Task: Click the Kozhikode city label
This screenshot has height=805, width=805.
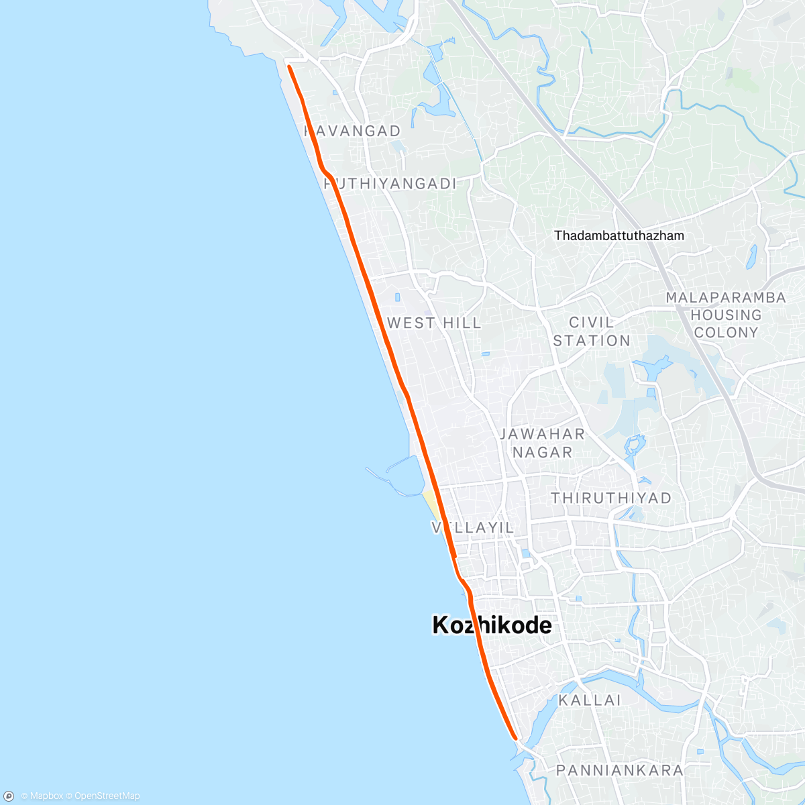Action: pos(492,625)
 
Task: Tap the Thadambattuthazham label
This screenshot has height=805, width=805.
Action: pos(619,235)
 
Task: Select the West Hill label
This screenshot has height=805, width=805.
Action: pos(434,323)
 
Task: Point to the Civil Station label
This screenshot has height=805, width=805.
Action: pos(591,331)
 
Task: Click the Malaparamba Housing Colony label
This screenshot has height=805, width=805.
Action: pos(725,315)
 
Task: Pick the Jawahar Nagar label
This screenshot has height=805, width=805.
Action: pos(542,443)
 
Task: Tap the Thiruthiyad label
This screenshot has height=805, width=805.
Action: pos(610,498)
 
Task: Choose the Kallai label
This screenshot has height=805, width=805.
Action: pos(590,700)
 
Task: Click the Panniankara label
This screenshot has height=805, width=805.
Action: pos(619,770)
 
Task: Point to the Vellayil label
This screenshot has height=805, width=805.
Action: pos(474,528)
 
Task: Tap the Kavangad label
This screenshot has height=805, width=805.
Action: pos(353,131)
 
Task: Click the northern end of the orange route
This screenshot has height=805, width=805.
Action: pos(289,66)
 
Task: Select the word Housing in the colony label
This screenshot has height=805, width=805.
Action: pos(725,315)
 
